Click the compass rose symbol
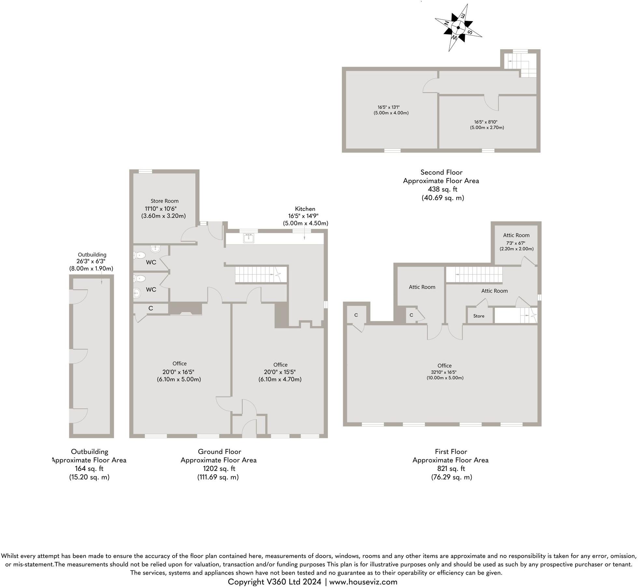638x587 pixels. (458, 28)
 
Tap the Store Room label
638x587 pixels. (164, 201)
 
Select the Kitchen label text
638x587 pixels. (305, 209)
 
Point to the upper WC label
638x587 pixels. (151, 262)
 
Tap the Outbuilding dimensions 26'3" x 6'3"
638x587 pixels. (91, 261)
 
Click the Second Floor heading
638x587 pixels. (441, 172)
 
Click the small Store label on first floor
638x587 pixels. (478, 316)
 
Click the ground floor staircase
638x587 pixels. (260, 274)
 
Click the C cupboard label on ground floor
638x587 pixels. (151, 308)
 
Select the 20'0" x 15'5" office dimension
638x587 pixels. (280, 372)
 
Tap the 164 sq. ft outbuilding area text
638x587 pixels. (89, 468)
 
